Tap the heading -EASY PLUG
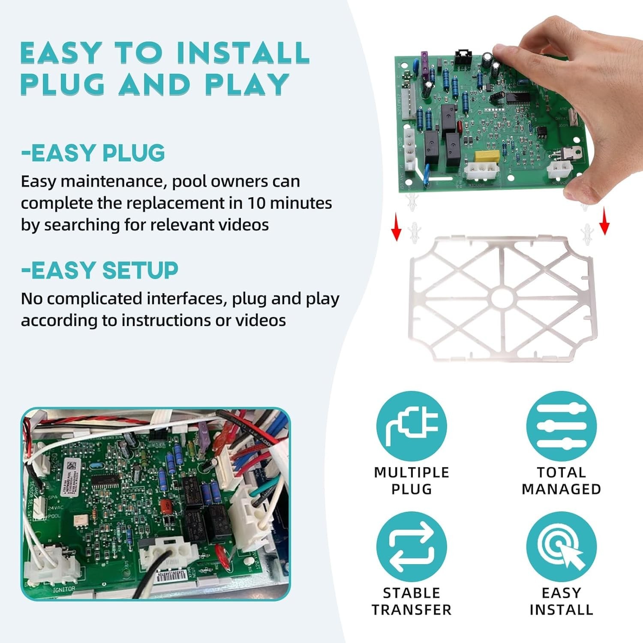point(93,153)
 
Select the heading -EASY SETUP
point(100,270)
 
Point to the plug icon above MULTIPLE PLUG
point(412,426)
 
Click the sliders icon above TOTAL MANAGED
point(561,426)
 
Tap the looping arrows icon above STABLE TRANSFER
point(412,547)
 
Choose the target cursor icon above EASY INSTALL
point(561,547)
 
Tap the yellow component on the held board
point(487,156)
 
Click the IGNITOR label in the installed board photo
point(64,589)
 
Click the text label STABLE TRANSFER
point(412,601)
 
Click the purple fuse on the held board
point(424,62)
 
